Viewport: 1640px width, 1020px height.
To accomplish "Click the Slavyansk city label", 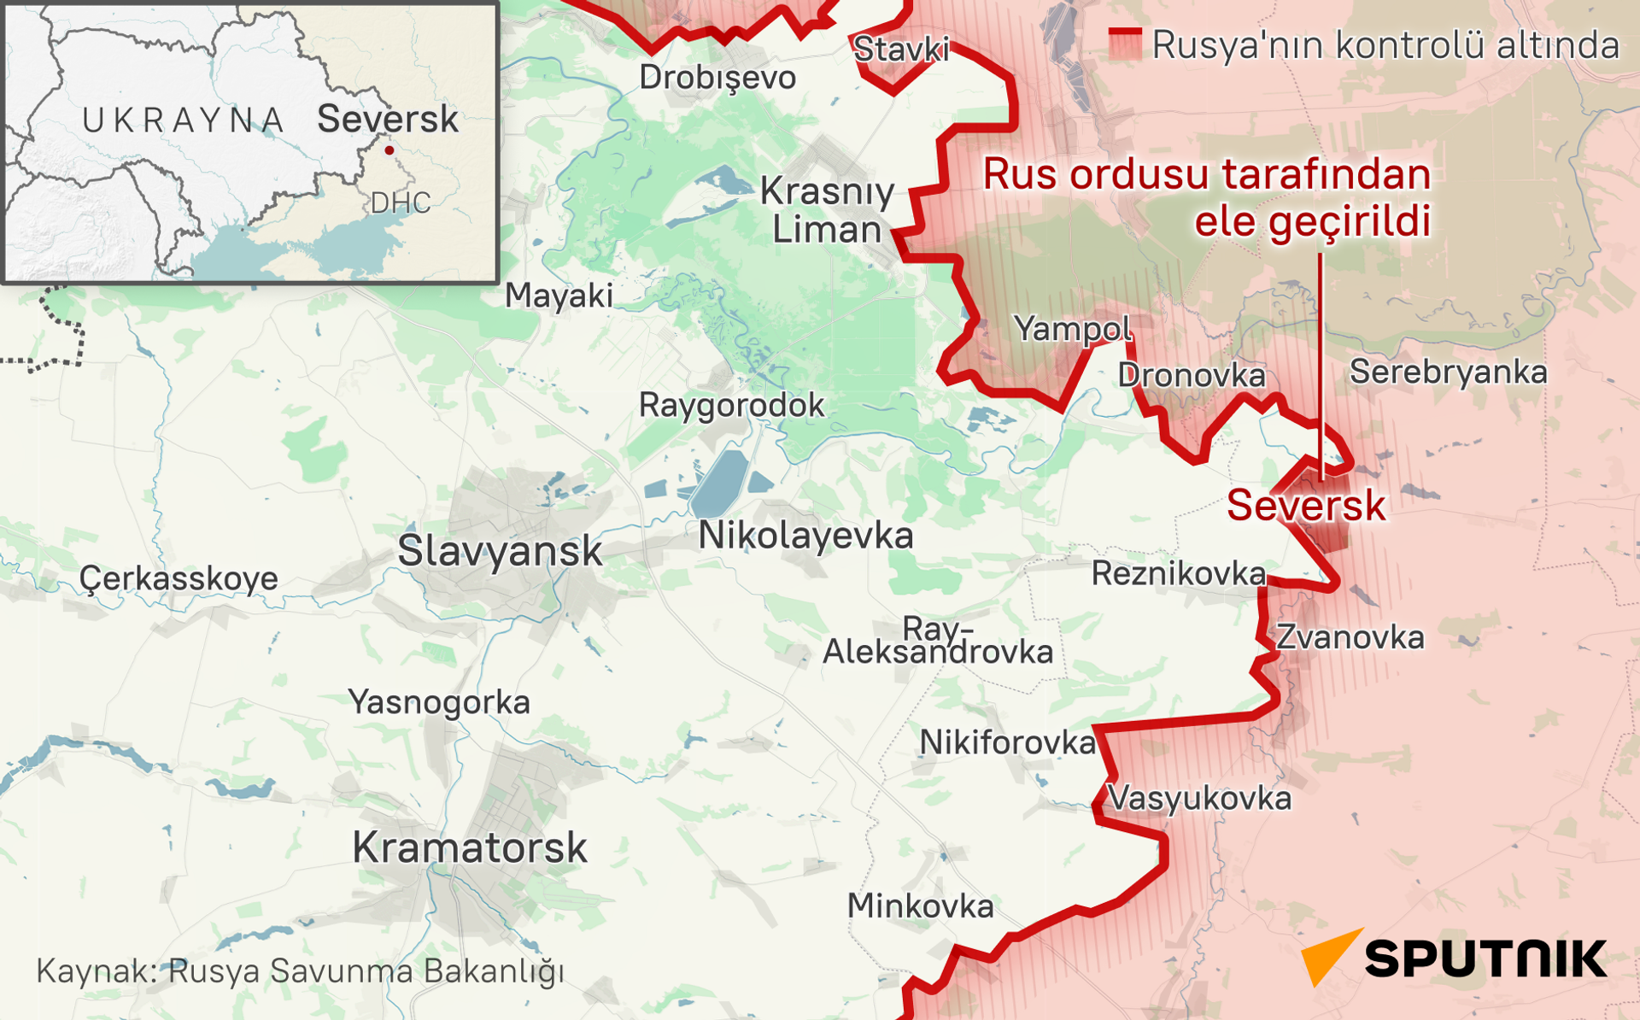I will (500, 551).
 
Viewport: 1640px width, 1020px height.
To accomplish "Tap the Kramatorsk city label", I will (469, 848).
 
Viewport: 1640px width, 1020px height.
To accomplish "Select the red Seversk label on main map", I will (1305, 506).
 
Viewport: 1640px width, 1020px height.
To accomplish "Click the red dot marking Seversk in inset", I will (389, 150).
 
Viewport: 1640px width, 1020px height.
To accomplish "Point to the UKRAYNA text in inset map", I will (183, 120).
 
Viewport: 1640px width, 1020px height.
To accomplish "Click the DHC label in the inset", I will (400, 203).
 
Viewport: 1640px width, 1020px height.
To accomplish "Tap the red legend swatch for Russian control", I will (1124, 44).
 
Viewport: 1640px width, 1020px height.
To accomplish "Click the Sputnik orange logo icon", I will (1329, 956).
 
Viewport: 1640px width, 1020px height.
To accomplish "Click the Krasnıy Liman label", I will (826, 210).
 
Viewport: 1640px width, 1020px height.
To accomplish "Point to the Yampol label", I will (1072, 329).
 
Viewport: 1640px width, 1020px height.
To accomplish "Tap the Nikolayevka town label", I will (805, 536).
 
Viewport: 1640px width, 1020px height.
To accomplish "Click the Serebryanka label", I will (1448, 372).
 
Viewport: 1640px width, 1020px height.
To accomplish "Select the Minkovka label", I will (920, 906).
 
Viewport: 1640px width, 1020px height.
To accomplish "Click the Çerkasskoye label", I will (179, 579).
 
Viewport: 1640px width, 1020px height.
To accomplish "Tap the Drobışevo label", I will (717, 78).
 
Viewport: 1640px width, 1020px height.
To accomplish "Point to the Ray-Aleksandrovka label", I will (938, 641).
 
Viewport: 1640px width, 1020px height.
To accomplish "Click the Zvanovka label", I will (1350, 638).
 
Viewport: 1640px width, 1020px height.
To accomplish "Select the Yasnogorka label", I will (439, 703).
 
